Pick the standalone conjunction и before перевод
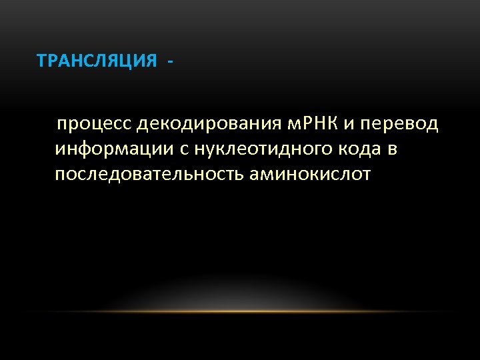[x=348, y=125]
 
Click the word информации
[x=115, y=149]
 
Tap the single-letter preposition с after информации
[x=184, y=150]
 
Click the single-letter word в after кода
[x=393, y=150]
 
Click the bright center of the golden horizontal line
[x=240, y=311]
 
